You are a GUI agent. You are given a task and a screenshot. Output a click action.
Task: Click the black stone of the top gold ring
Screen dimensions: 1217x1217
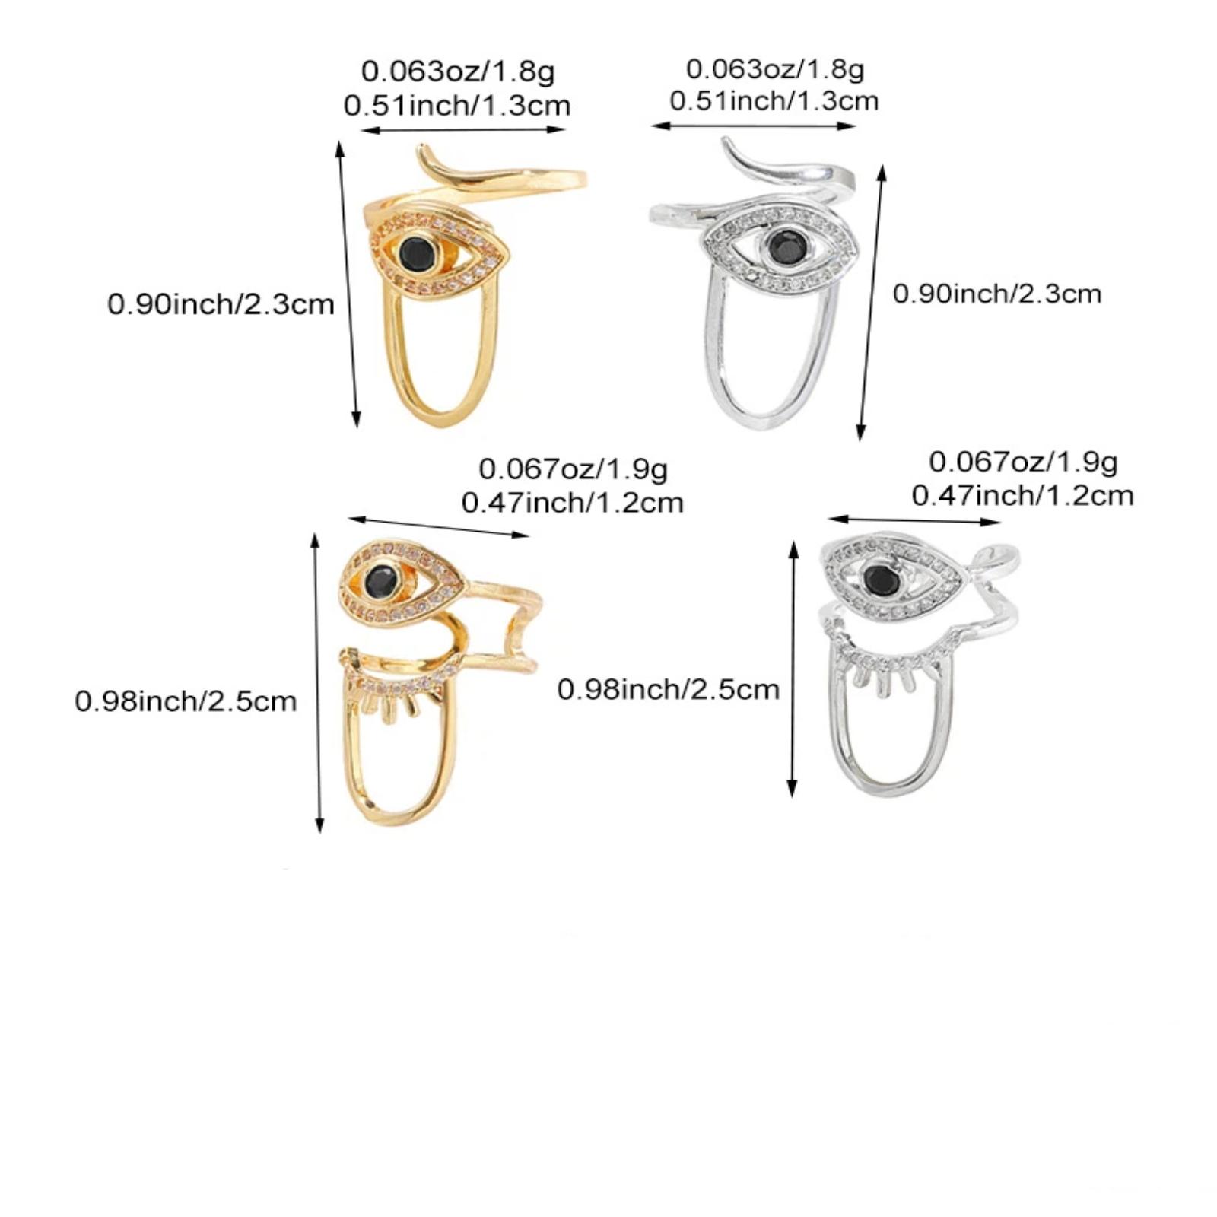[x=417, y=253]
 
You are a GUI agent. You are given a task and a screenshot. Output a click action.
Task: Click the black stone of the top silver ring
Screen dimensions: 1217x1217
[x=783, y=246]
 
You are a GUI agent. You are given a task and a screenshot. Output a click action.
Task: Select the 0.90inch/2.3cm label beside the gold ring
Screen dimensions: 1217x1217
[x=221, y=304]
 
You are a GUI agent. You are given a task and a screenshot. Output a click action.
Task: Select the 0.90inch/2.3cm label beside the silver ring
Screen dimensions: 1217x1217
[x=997, y=294]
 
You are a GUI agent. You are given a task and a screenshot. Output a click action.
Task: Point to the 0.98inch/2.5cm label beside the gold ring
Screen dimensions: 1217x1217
[x=186, y=701]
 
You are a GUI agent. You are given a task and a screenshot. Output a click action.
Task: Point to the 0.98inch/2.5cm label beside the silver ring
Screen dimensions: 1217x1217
[x=669, y=689]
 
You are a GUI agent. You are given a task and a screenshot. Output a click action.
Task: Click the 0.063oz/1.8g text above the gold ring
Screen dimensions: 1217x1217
[x=458, y=71]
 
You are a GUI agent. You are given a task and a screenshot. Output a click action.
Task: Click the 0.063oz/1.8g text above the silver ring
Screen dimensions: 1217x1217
[x=775, y=68]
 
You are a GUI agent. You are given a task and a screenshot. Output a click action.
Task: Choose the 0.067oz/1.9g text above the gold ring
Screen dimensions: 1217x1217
[x=574, y=469]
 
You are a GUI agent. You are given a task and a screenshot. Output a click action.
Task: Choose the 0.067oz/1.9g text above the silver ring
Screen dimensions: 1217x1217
[x=1024, y=462]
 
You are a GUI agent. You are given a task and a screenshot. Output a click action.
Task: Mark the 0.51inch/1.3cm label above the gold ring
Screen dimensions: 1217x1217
[x=457, y=105]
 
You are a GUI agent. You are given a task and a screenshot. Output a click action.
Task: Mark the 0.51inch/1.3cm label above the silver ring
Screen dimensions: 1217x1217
[x=774, y=100]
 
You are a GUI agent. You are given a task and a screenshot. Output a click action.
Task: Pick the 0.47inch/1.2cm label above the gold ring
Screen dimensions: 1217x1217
[x=573, y=503]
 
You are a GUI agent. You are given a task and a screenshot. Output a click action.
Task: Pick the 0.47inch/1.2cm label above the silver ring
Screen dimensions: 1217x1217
[x=1023, y=496]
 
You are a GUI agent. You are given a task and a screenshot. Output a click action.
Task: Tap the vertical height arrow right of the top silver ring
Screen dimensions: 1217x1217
[x=872, y=302]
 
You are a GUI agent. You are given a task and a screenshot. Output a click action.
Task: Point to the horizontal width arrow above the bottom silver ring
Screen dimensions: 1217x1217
[x=914, y=520]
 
